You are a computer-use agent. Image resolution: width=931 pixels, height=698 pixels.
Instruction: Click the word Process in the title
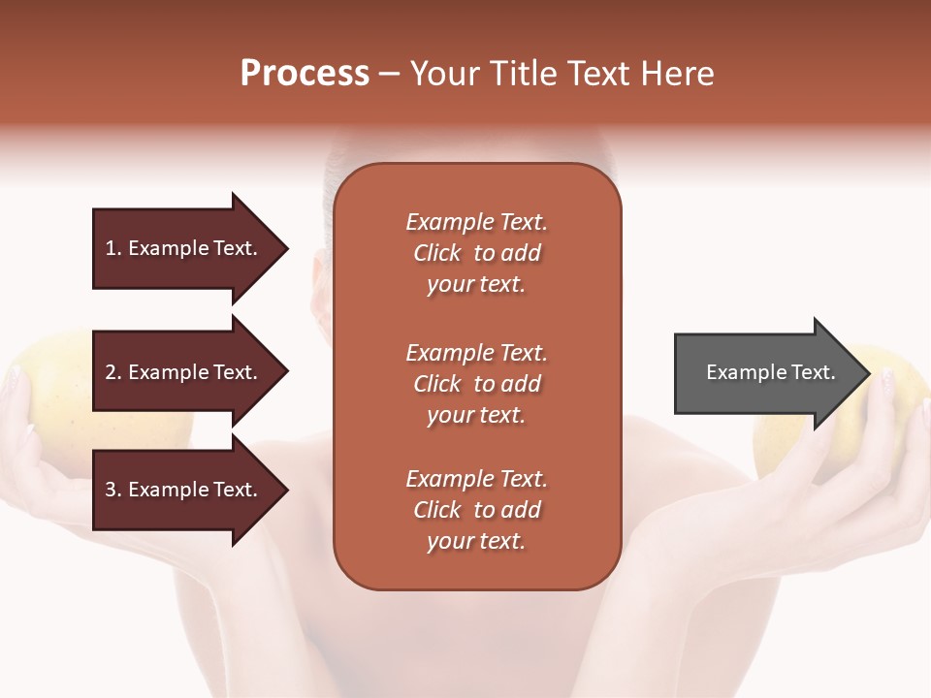pyautogui.click(x=305, y=74)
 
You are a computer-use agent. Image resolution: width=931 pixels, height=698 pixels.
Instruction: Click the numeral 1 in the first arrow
pyautogui.click(x=111, y=248)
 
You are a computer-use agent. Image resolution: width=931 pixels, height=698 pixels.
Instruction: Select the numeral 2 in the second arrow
pyautogui.click(x=111, y=372)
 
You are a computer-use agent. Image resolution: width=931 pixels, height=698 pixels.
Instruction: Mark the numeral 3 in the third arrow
pyautogui.click(x=111, y=490)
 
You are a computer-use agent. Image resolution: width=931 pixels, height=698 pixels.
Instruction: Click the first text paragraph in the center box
pyautogui.click(x=476, y=253)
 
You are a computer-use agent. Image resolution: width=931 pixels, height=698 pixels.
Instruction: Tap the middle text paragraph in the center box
pyautogui.click(x=476, y=384)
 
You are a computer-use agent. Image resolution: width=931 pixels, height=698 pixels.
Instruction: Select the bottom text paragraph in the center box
pyautogui.click(x=476, y=510)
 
